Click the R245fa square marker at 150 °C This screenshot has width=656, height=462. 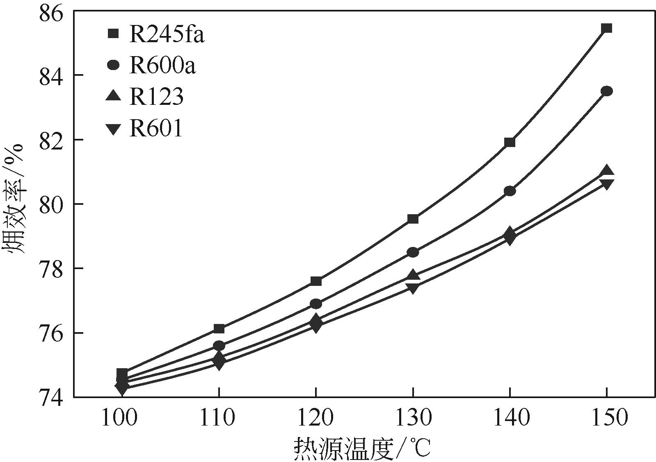click(606, 28)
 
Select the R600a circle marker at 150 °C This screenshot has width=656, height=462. click(606, 91)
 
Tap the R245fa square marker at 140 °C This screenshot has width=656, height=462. click(510, 142)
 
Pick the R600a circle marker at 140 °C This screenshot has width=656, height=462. click(510, 191)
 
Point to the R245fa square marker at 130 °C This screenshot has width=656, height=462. click(413, 219)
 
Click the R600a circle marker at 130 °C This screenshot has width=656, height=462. click(413, 252)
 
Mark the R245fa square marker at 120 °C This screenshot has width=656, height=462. click(316, 281)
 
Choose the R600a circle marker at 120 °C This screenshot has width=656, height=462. click(316, 303)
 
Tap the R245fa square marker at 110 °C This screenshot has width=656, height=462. click(219, 328)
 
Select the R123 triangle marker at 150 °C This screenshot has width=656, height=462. click(606, 171)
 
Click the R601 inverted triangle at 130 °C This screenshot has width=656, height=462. click(413, 288)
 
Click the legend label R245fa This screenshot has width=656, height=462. click(167, 34)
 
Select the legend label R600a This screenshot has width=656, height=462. click(162, 66)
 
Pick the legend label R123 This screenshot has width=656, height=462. click(156, 97)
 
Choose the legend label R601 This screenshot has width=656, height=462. click(156, 128)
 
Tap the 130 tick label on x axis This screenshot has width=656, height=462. click(413, 418)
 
